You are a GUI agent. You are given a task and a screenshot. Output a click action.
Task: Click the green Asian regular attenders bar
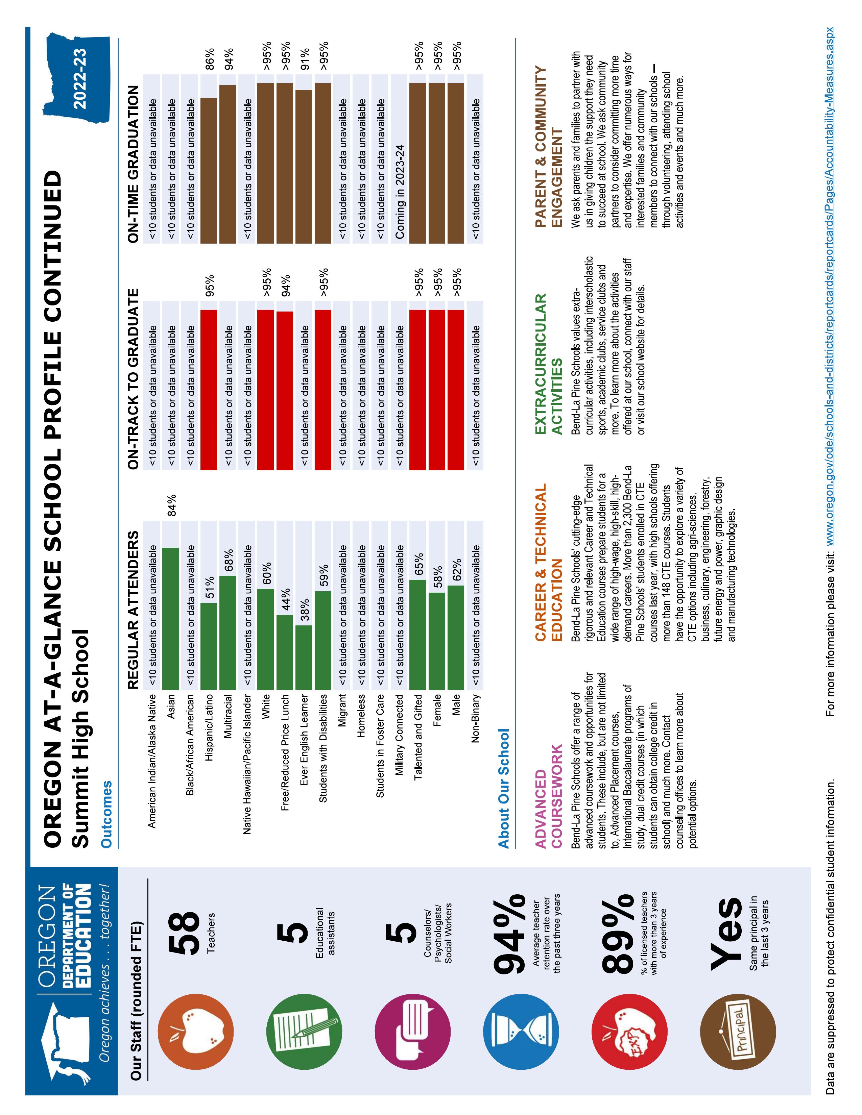point(171,618)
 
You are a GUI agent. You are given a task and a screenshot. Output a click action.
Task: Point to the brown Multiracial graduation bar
point(228,164)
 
